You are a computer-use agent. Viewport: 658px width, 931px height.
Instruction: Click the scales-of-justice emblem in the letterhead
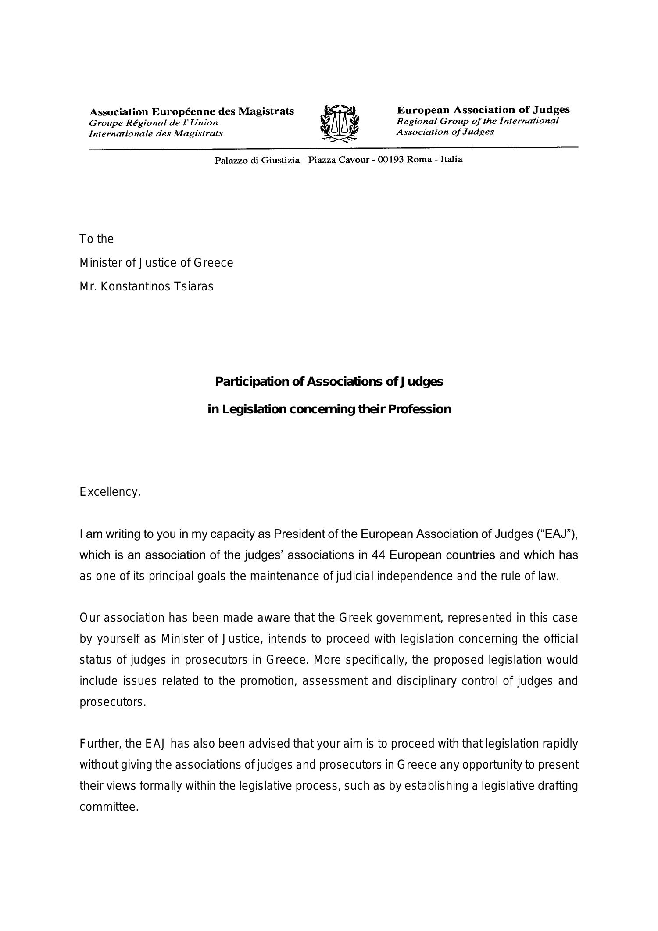(339, 123)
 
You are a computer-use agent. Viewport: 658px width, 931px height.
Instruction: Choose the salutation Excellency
(110, 492)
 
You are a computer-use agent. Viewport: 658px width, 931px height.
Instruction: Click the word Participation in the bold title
(252, 382)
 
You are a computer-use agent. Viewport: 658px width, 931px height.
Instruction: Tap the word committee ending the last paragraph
(109, 807)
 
